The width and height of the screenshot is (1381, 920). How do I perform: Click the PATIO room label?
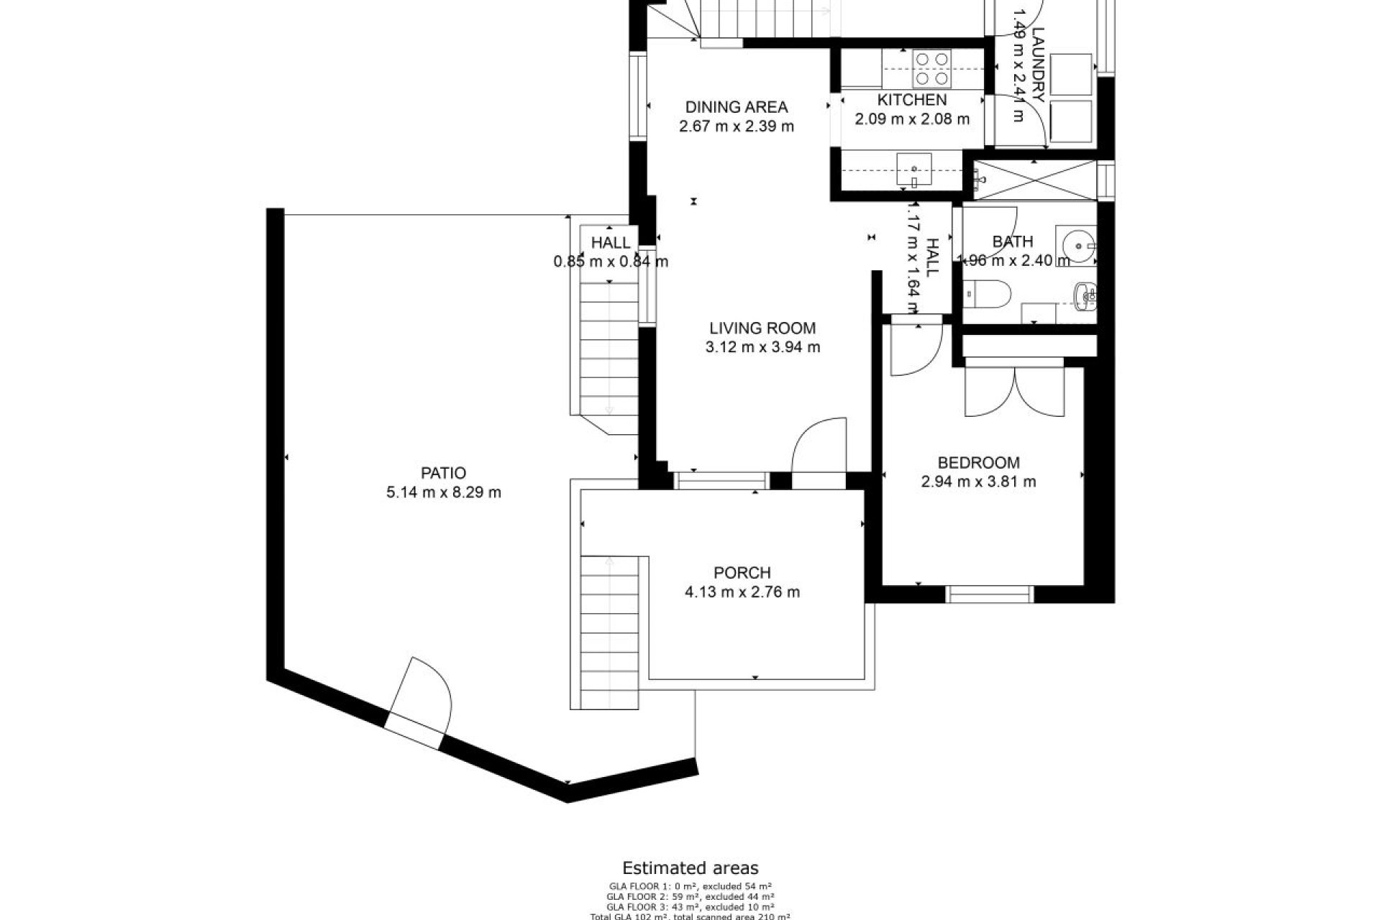coord(443,473)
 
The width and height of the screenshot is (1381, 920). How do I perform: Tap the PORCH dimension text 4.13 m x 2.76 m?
coord(742,592)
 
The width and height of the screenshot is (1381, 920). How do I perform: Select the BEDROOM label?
coord(978,462)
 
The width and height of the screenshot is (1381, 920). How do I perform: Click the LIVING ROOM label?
coord(762,328)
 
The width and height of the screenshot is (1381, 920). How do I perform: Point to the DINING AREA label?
coord(736,107)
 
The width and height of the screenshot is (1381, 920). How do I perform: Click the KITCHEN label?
coord(911,100)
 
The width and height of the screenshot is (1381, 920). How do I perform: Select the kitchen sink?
coord(913,171)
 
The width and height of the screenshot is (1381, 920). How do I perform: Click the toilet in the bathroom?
coord(989,292)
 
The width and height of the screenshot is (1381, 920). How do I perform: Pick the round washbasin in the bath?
coord(1077,244)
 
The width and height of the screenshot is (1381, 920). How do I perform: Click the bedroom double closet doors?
coord(1014,392)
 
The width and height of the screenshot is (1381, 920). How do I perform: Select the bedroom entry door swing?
coord(913,352)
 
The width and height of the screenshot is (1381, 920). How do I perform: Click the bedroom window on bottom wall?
coord(989,594)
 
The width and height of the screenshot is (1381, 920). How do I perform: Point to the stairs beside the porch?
coord(609,632)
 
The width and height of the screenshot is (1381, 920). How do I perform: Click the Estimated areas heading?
coord(690,868)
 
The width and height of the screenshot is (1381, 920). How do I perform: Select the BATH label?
coord(1012,241)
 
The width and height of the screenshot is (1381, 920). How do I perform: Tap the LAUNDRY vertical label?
coord(1036,65)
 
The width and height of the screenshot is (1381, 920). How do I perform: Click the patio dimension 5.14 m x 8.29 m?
coord(443,492)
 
